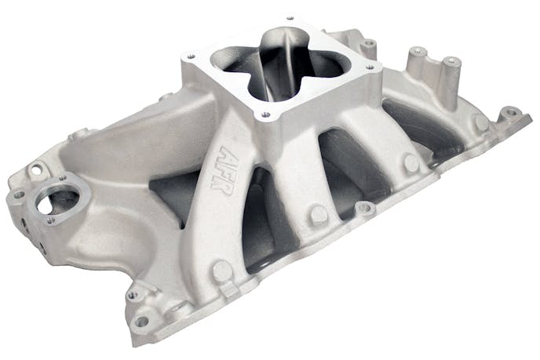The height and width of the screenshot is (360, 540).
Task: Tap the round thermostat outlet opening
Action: (58, 202)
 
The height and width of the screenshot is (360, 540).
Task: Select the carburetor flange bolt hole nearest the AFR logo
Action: (266, 115)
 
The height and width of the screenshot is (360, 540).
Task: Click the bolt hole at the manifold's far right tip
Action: (511, 112)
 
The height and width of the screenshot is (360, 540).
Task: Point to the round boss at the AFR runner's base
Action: (222, 271)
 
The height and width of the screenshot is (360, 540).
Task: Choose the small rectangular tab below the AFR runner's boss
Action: (228, 291)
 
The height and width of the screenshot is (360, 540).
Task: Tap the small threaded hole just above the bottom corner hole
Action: (131, 295)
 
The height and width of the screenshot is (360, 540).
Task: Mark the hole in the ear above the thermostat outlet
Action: (36, 168)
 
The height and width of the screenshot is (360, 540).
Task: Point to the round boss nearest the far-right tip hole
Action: (480, 122)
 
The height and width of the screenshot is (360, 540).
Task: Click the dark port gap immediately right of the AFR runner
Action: (258, 227)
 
